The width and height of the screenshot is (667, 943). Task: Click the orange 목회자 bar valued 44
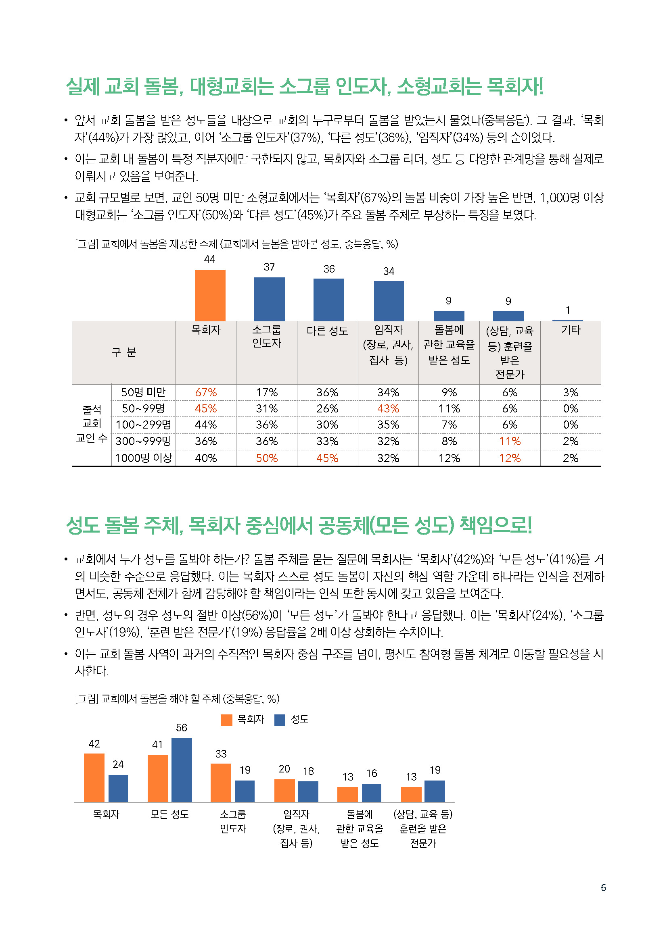210,295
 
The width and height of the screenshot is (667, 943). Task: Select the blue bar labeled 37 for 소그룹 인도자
269,299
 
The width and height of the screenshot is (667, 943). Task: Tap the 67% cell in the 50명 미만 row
206,392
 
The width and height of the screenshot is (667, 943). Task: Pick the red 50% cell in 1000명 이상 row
267,458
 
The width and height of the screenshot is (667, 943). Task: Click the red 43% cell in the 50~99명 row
388,409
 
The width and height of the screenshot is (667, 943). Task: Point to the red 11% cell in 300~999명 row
510,441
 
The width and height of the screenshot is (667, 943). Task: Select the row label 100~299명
143,425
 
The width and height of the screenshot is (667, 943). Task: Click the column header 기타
571,330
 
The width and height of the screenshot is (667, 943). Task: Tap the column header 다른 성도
327,331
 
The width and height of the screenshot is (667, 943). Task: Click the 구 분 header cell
124,352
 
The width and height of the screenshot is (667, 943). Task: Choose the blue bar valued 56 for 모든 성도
182,770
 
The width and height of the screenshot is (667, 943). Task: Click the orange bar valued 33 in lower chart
221,783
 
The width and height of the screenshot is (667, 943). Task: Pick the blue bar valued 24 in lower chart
118,788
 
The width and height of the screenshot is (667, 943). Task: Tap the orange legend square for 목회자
226,720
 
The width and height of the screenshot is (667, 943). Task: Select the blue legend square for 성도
280,720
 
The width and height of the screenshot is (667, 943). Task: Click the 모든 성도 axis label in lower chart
169,814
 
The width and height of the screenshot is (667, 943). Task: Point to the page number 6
603,887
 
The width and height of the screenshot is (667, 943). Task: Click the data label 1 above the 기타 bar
568,310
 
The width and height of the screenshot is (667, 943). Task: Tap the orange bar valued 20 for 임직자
284,790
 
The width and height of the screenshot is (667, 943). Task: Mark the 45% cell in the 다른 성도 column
327,458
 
